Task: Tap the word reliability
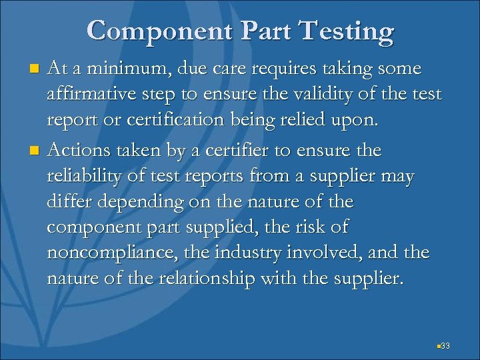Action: [90, 177]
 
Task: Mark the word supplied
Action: [230, 227]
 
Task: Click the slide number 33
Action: [446, 345]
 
